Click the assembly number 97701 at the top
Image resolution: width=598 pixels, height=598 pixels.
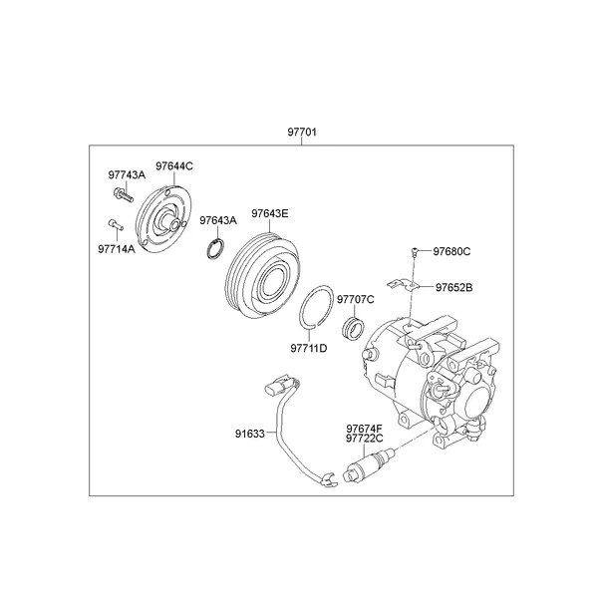coord(303,133)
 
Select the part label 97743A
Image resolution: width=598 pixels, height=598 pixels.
coord(127,175)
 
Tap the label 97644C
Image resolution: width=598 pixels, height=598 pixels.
coord(174,165)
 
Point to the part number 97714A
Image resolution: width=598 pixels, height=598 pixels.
coord(117,248)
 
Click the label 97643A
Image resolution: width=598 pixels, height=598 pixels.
coord(217,220)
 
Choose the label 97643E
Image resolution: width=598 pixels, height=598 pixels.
coord(270,213)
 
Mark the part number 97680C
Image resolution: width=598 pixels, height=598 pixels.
coord(451,251)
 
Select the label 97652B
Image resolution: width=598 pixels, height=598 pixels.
coord(452,287)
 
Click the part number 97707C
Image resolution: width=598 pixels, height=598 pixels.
coord(355,299)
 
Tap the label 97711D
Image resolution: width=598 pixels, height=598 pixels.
coord(309,348)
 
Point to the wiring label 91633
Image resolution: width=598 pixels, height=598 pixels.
coord(250,434)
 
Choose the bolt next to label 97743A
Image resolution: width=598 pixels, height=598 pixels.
coord(122,193)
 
